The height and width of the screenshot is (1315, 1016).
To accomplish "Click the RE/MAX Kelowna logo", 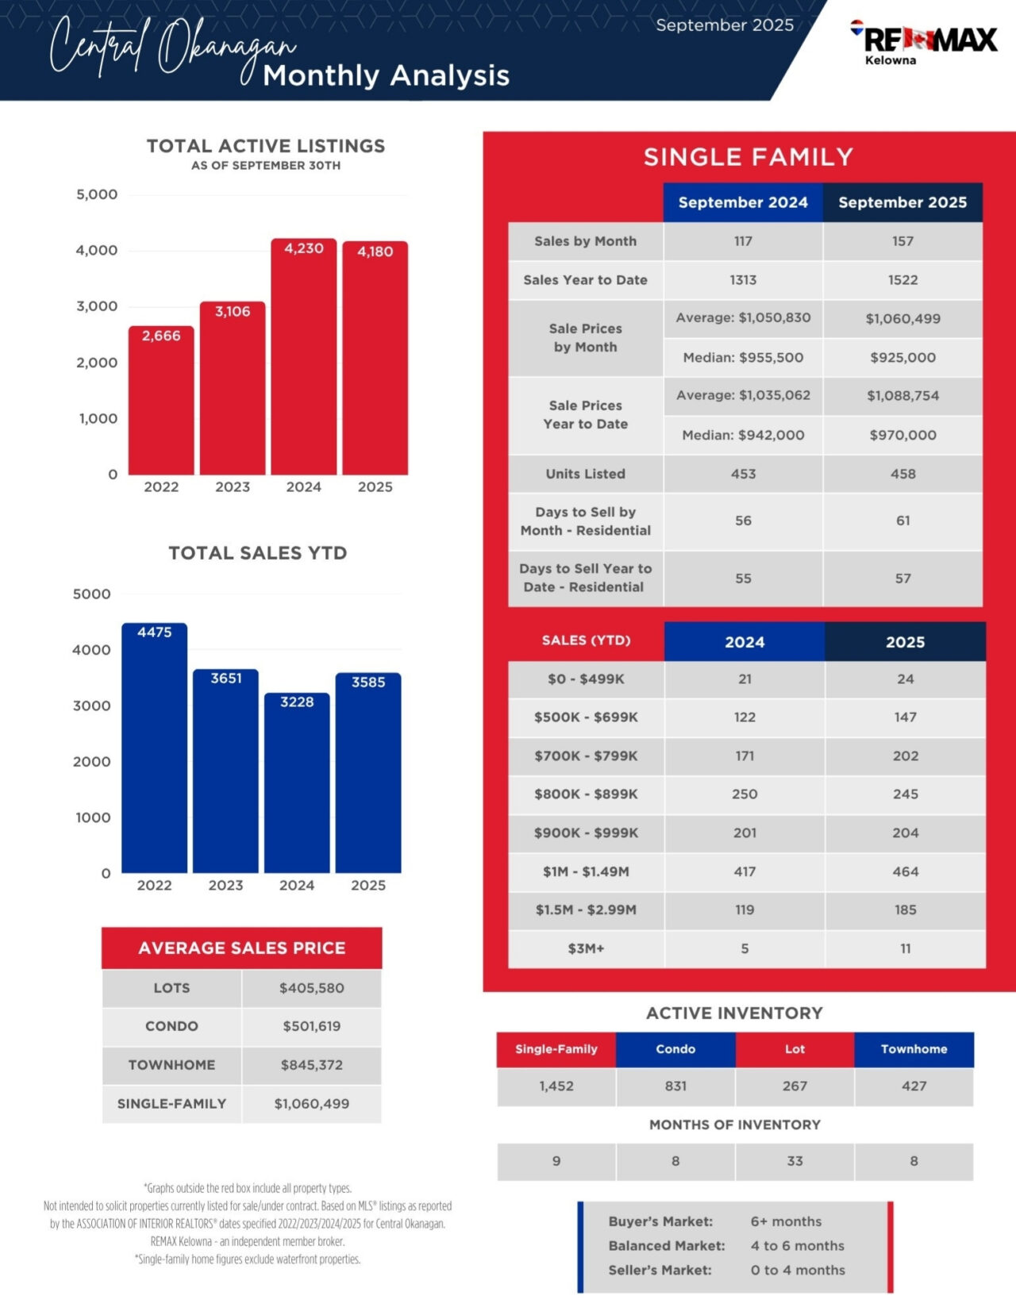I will tap(924, 40).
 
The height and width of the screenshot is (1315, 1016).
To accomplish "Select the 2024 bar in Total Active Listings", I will tap(303, 357).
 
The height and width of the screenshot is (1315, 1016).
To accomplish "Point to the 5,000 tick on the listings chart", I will tap(97, 194).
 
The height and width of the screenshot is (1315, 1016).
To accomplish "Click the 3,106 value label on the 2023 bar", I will tap(233, 312).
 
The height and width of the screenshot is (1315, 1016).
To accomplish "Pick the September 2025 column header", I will tap(902, 202).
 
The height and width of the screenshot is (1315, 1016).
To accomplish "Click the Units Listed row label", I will tap(585, 474).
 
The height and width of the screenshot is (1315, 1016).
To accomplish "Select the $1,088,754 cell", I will tap(902, 395).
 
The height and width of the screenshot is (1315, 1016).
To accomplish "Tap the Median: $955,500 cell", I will tap(743, 358).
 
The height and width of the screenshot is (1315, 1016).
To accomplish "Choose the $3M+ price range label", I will tap(586, 948).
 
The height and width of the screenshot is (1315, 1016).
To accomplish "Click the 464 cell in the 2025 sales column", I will tap(905, 871).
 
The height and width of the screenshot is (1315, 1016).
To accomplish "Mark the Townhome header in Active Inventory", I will tap(914, 1049).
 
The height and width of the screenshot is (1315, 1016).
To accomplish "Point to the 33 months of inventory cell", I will tap(795, 1161).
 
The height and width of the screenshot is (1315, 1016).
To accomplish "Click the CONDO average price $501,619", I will tap(311, 1026).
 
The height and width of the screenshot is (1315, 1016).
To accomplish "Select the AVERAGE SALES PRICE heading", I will tap(241, 948).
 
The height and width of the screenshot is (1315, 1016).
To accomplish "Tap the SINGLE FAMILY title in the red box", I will tap(748, 157).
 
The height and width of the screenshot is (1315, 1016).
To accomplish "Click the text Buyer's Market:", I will tap(660, 1221).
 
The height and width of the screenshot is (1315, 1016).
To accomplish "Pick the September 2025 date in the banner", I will tap(725, 25).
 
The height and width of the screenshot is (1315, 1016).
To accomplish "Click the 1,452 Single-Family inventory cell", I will tap(556, 1086).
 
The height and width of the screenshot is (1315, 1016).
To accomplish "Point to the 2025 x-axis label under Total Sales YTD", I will tap(368, 886).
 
